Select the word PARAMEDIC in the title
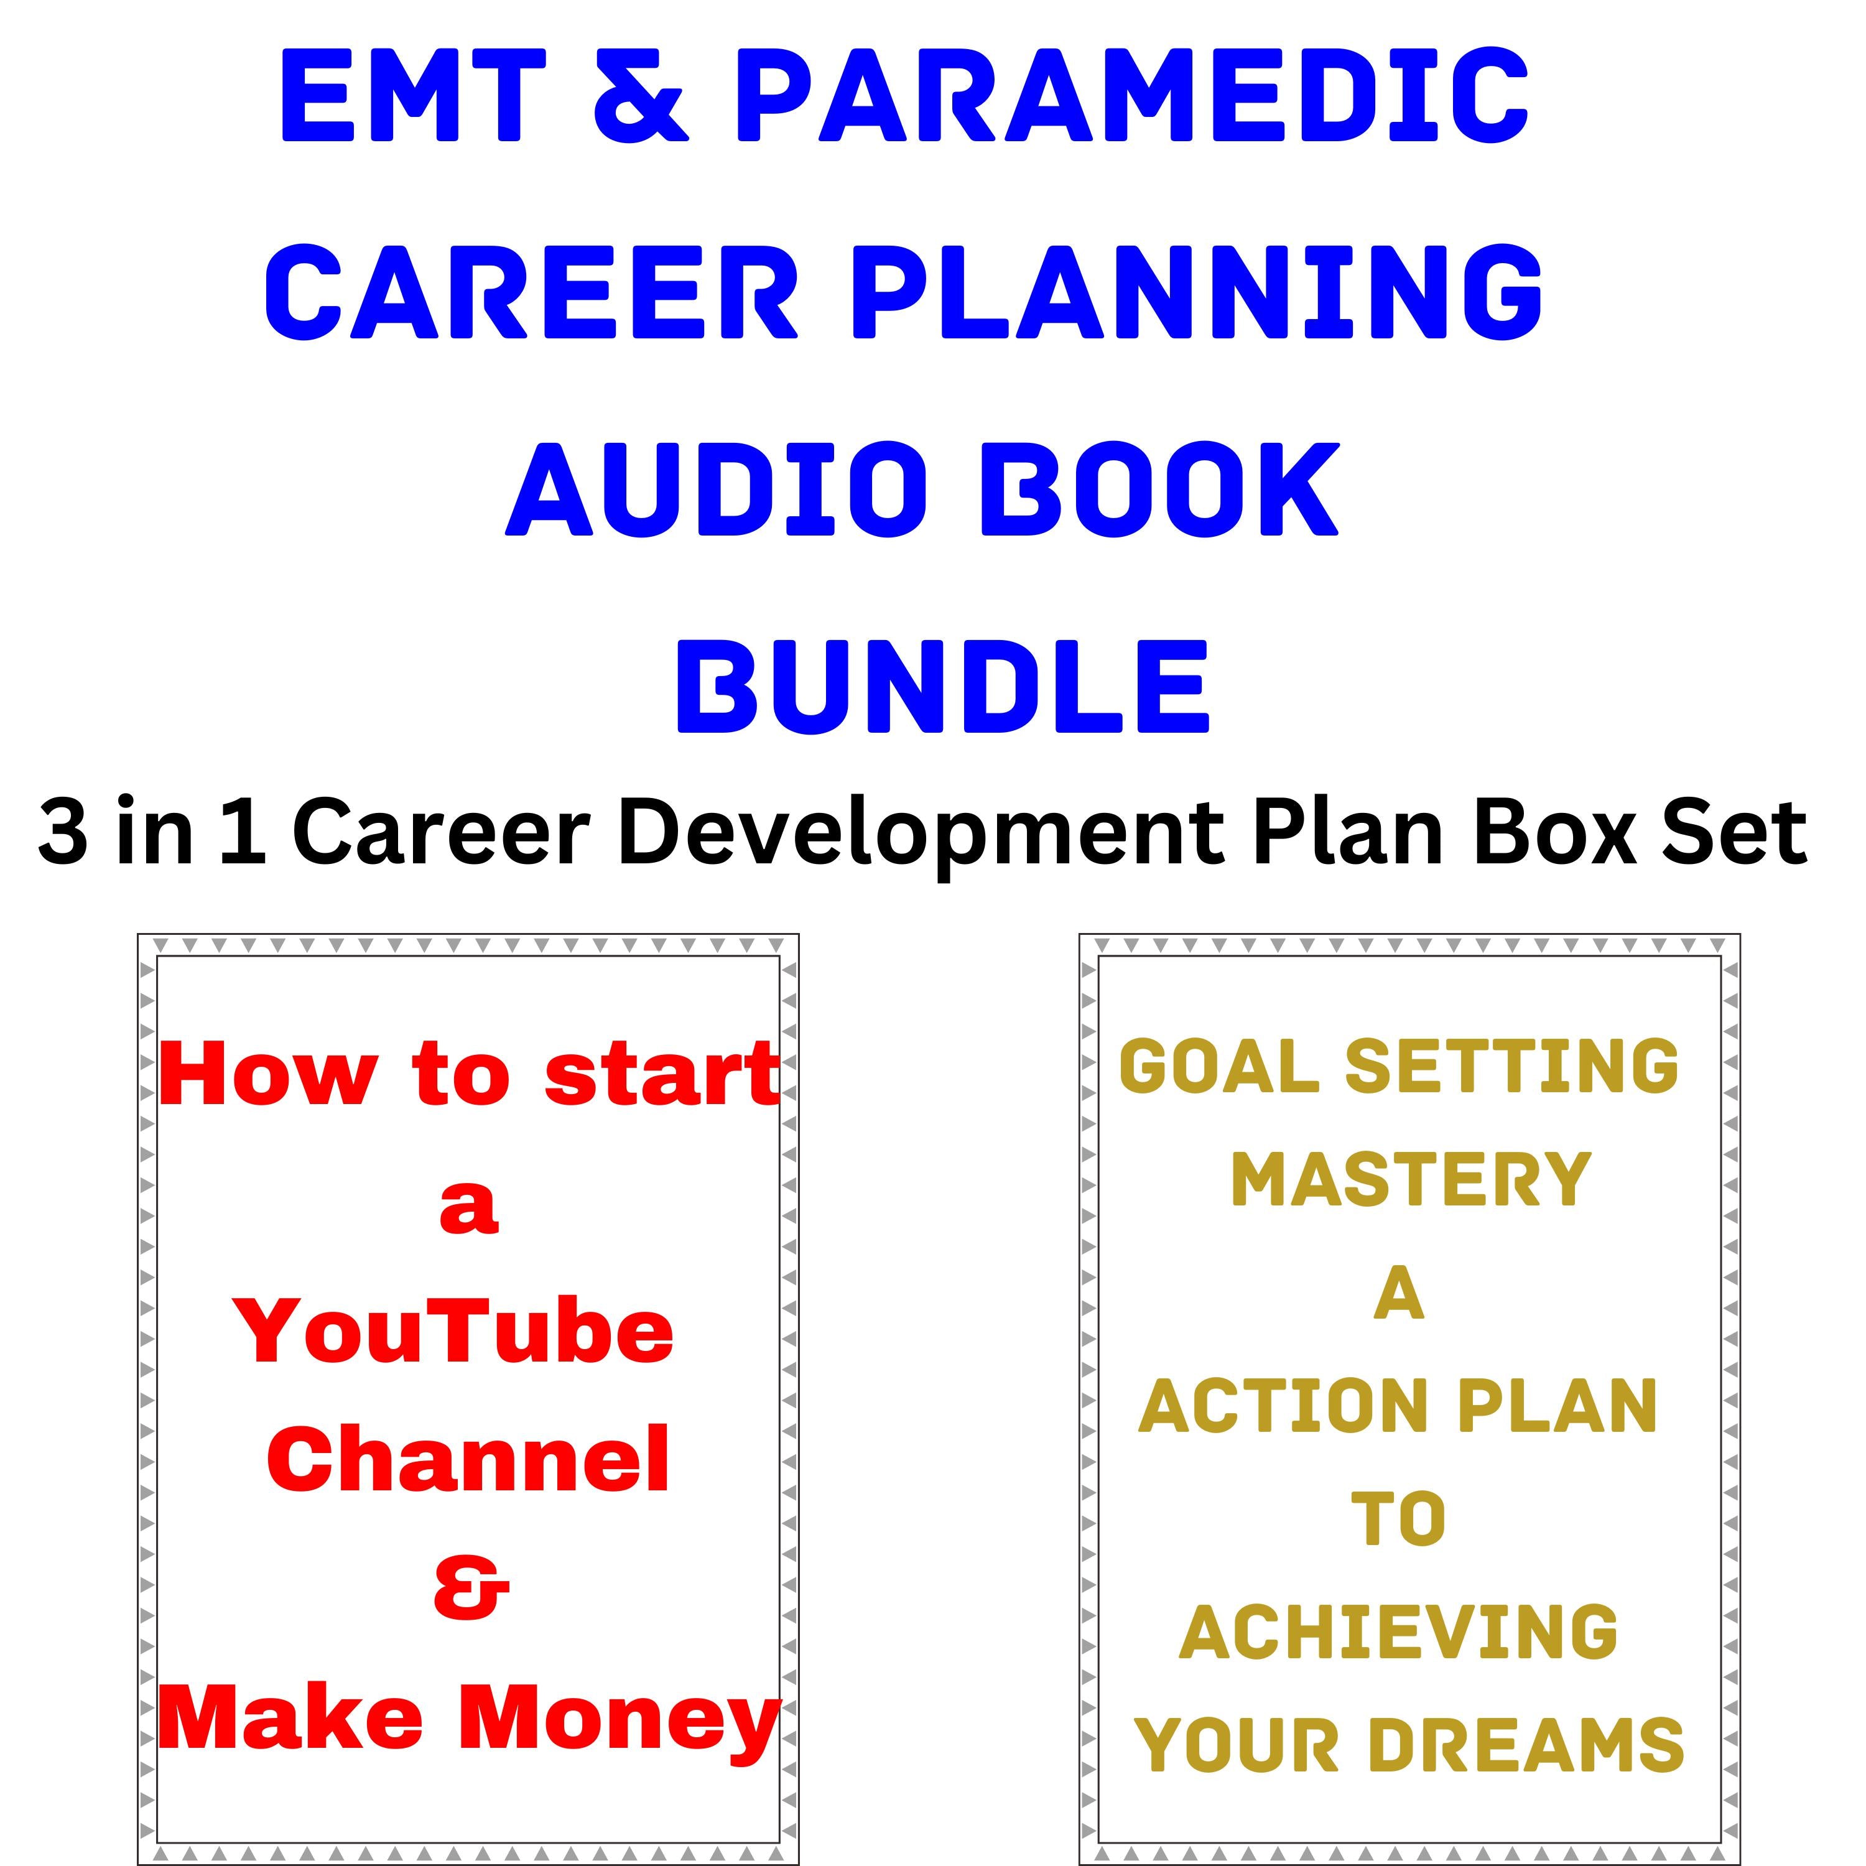coord(1138,95)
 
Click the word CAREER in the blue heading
coord(531,292)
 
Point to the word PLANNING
coord(1197,292)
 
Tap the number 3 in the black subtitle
coord(63,833)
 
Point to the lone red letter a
coord(470,1207)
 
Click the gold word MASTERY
coord(1410,1181)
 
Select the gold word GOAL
coord(1219,1067)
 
